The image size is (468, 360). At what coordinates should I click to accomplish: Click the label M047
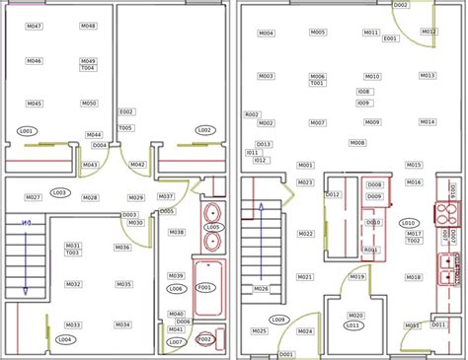pyautogui.click(x=35, y=26)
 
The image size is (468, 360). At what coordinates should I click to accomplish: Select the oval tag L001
pyautogui.click(x=27, y=131)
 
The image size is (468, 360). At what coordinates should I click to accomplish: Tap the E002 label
pyautogui.click(x=126, y=112)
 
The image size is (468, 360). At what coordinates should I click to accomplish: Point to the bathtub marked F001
pyautogui.click(x=205, y=288)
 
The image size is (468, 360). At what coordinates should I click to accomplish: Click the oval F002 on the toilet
pyautogui.click(x=205, y=339)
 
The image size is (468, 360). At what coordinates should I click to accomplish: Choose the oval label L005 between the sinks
pyautogui.click(x=212, y=228)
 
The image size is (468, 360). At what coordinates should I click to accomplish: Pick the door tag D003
pyautogui.click(x=129, y=215)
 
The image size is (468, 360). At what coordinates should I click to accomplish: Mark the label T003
pyautogui.click(x=72, y=252)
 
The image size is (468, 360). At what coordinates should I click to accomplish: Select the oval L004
pyautogui.click(x=65, y=340)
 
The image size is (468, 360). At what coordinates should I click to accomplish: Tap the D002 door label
pyautogui.click(x=400, y=5)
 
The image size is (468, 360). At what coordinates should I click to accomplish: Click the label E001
pyautogui.click(x=390, y=38)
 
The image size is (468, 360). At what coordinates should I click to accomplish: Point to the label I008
pyautogui.click(x=363, y=92)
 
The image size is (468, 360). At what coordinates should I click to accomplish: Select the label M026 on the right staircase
pyautogui.click(x=261, y=289)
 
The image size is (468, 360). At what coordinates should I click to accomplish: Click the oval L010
pyautogui.click(x=407, y=223)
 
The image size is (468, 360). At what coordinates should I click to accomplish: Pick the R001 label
pyautogui.click(x=371, y=251)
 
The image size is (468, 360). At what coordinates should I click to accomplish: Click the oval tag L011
pyautogui.click(x=351, y=324)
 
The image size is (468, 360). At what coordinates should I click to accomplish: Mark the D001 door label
pyautogui.click(x=286, y=354)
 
